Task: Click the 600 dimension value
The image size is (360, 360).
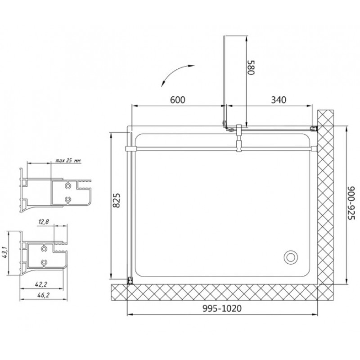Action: tap(177, 100)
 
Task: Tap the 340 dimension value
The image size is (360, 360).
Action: tap(279, 100)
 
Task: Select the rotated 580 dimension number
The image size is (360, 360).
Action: tap(251, 67)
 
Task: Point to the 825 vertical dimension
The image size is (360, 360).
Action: tap(117, 200)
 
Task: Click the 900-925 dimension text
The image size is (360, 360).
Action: tap(351, 203)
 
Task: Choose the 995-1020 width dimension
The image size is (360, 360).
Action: tap(222, 308)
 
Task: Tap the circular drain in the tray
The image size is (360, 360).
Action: tap(290, 257)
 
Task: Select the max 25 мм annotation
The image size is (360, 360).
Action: tap(68, 161)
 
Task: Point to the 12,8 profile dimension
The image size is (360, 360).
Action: tap(43, 221)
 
